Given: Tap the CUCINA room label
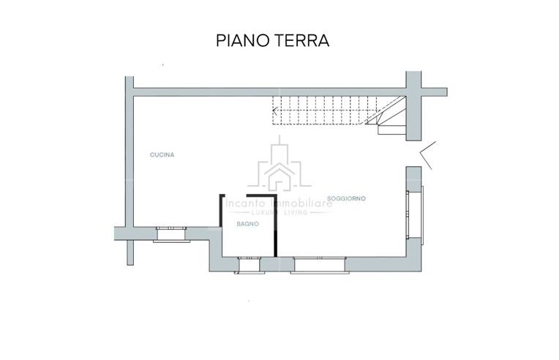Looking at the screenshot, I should pyautogui.click(x=162, y=154).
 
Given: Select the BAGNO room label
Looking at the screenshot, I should pyautogui.click(x=246, y=225).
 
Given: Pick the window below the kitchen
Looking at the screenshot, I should pyautogui.click(x=173, y=233).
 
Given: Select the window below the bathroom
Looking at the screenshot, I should pyautogui.click(x=249, y=263).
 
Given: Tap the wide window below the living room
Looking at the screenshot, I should pyautogui.click(x=319, y=264).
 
